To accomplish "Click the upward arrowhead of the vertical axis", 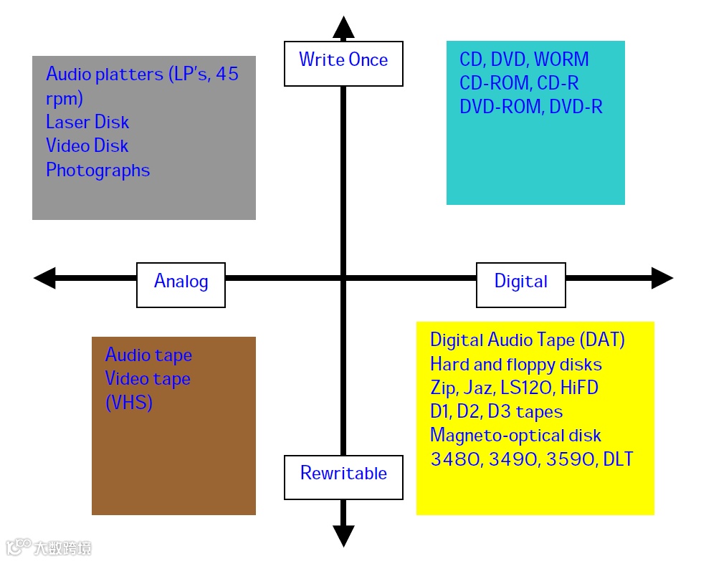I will tap(343, 27).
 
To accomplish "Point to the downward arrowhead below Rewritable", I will tap(343, 535).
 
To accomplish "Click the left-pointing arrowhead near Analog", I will tap(45, 278).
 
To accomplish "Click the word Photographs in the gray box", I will tap(97, 171).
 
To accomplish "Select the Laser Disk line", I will tap(87, 122).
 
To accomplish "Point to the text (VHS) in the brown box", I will tap(129, 403).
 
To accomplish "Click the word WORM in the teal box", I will tap(561, 59).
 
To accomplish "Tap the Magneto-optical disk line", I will tap(515, 436).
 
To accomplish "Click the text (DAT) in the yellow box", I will tap(602, 340).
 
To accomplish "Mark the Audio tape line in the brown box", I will tap(148, 355).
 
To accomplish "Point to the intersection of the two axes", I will tap(343, 278).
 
